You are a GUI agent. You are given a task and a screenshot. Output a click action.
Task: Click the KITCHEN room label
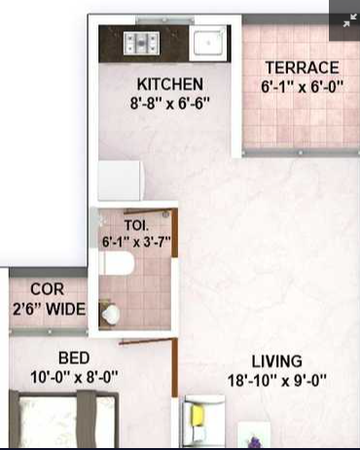point(170,85)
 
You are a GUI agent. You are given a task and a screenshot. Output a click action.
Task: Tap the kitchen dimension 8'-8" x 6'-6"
point(170,103)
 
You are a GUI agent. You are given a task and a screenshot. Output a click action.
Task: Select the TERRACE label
point(303,68)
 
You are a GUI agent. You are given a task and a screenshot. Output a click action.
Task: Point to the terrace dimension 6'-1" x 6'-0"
point(302,87)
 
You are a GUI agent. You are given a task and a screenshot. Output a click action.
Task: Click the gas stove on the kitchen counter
point(141,43)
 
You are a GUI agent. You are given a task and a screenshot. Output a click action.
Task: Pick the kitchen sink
point(209,42)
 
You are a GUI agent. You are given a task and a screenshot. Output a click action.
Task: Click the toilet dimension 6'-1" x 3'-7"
point(136,241)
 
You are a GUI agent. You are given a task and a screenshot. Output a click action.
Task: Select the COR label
point(48,290)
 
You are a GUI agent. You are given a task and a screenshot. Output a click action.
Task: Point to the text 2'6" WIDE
point(50,309)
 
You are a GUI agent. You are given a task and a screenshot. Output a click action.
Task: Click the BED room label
point(74,359)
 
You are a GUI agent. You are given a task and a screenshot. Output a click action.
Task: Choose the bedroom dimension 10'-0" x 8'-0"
point(74,377)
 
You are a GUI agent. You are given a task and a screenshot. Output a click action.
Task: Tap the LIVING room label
point(277,362)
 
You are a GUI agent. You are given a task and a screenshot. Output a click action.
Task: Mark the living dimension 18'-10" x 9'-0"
point(276,381)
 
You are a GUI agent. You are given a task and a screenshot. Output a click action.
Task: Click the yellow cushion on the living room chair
point(198,416)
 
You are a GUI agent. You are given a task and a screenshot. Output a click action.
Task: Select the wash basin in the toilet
point(111,314)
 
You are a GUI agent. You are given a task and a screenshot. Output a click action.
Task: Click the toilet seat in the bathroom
point(117,263)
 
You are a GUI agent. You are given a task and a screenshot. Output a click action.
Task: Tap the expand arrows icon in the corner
point(349,20)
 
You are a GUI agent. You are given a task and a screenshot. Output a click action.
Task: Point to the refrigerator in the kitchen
point(121,181)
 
